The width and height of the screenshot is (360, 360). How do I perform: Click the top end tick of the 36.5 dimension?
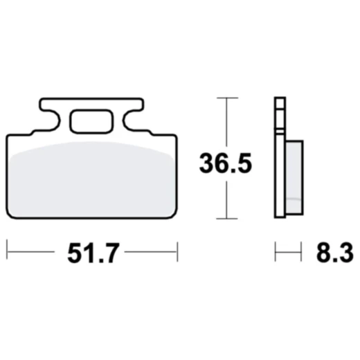point(223,99)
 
